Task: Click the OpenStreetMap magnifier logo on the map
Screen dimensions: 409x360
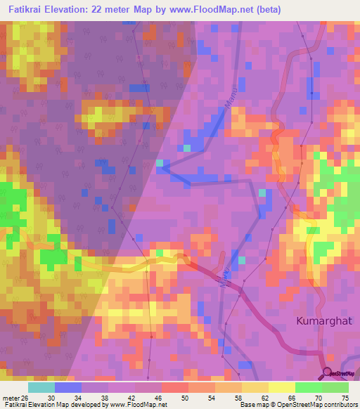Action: tap(327, 372)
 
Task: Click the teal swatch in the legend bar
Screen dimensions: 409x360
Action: tap(41, 387)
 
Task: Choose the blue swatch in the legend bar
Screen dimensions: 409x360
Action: tap(68, 387)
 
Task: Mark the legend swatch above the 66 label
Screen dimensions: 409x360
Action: tap(282, 387)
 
